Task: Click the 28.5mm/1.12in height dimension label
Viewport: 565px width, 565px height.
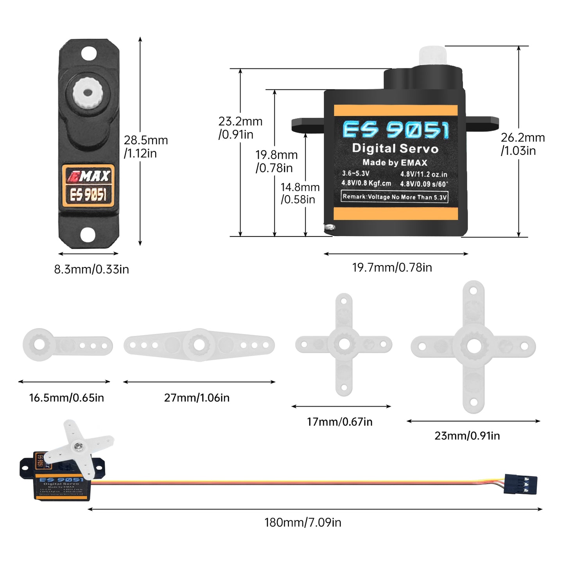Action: pyautogui.click(x=145, y=147)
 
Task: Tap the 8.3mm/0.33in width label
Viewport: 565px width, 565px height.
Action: pyautogui.click(x=91, y=269)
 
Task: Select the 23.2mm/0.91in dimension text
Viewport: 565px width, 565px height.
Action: pyautogui.click(x=240, y=128)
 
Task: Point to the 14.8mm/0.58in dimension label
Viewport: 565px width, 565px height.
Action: pyautogui.click(x=300, y=193)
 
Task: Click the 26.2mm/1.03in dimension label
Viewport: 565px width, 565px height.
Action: pyautogui.click(x=522, y=144)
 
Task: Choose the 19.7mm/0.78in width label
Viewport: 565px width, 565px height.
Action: pyautogui.click(x=392, y=267)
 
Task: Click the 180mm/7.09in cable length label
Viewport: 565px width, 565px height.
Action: pyautogui.click(x=303, y=522)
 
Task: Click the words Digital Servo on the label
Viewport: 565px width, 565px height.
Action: pyautogui.click(x=395, y=149)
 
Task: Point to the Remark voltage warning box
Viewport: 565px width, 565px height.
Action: pyautogui.click(x=395, y=197)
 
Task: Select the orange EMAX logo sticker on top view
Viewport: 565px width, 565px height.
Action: pyautogui.click(x=88, y=185)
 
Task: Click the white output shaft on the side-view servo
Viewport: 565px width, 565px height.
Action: pyautogui.click(x=432, y=57)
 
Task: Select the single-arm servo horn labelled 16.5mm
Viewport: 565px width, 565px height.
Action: pyautogui.click(x=66, y=345)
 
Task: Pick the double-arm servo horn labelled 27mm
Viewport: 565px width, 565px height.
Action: pyautogui.click(x=199, y=345)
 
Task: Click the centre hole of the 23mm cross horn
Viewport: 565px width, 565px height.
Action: pyautogui.click(x=474, y=346)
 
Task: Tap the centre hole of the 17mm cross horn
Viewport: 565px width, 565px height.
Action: pyautogui.click(x=344, y=344)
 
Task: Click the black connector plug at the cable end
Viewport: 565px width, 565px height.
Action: pyautogui.click(x=520, y=484)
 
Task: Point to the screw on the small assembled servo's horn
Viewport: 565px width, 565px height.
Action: pyautogui.click(x=79, y=445)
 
